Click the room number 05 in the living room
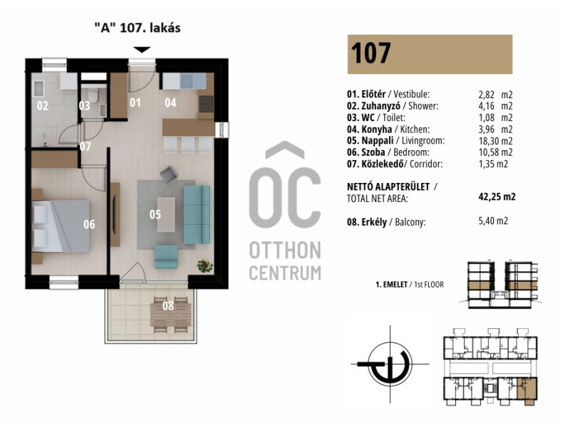pyautogui.click(x=155, y=214)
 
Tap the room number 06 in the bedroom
pyautogui.click(x=89, y=224)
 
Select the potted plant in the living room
pyautogui.click(x=205, y=266)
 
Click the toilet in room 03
pyautogui.click(x=94, y=95)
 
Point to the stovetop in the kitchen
pyautogui.click(x=207, y=104)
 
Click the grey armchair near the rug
pyautogui.click(x=169, y=174)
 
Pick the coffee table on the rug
pyautogui.click(x=166, y=214)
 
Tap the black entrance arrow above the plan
pyautogui.click(x=142, y=50)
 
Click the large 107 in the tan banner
pyautogui.click(x=370, y=53)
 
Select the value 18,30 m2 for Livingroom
pyautogui.click(x=495, y=141)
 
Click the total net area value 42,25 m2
pyautogui.click(x=497, y=197)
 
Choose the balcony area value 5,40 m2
pyautogui.click(x=493, y=221)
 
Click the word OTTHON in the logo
pyautogui.click(x=285, y=250)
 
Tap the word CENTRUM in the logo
pyautogui.click(x=285, y=273)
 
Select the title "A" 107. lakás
pyautogui.click(x=137, y=28)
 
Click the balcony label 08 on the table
pyautogui.click(x=168, y=306)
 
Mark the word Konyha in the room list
pyautogui.click(x=377, y=130)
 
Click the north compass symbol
pyautogui.click(x=390, y=364)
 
